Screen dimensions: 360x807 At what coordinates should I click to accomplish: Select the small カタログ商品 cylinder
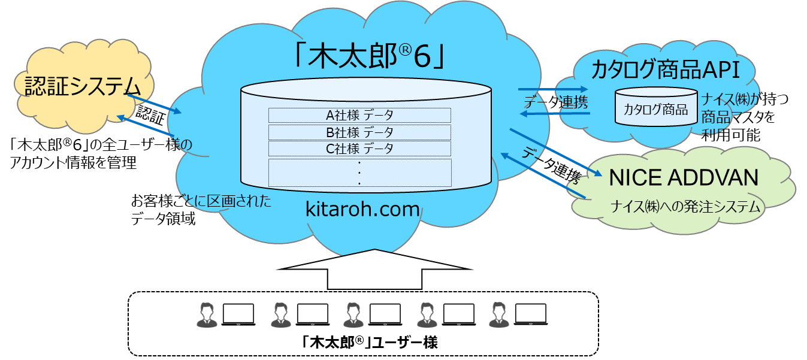click(655, 108)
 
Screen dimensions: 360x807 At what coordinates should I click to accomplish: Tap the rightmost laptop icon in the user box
click(531, 314)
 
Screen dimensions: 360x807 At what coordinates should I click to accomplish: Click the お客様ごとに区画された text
click(201, 200)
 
